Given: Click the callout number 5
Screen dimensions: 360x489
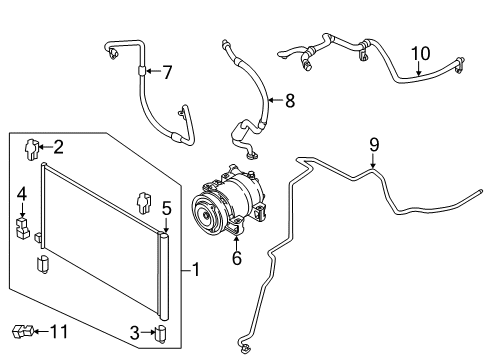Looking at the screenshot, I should click(167, 208).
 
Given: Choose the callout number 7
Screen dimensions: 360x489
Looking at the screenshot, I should click(167, 72).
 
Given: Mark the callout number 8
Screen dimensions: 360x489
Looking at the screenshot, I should click(289, 100).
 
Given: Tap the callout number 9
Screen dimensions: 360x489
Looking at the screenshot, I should click(373, 145).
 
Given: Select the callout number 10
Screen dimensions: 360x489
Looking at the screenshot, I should click(420, 52).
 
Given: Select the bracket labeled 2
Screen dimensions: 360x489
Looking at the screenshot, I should click(32, 149).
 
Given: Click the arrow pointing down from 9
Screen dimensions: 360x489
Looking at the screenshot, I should click(373, 162).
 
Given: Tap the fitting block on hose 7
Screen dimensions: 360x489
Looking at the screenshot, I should click(140, 70).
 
